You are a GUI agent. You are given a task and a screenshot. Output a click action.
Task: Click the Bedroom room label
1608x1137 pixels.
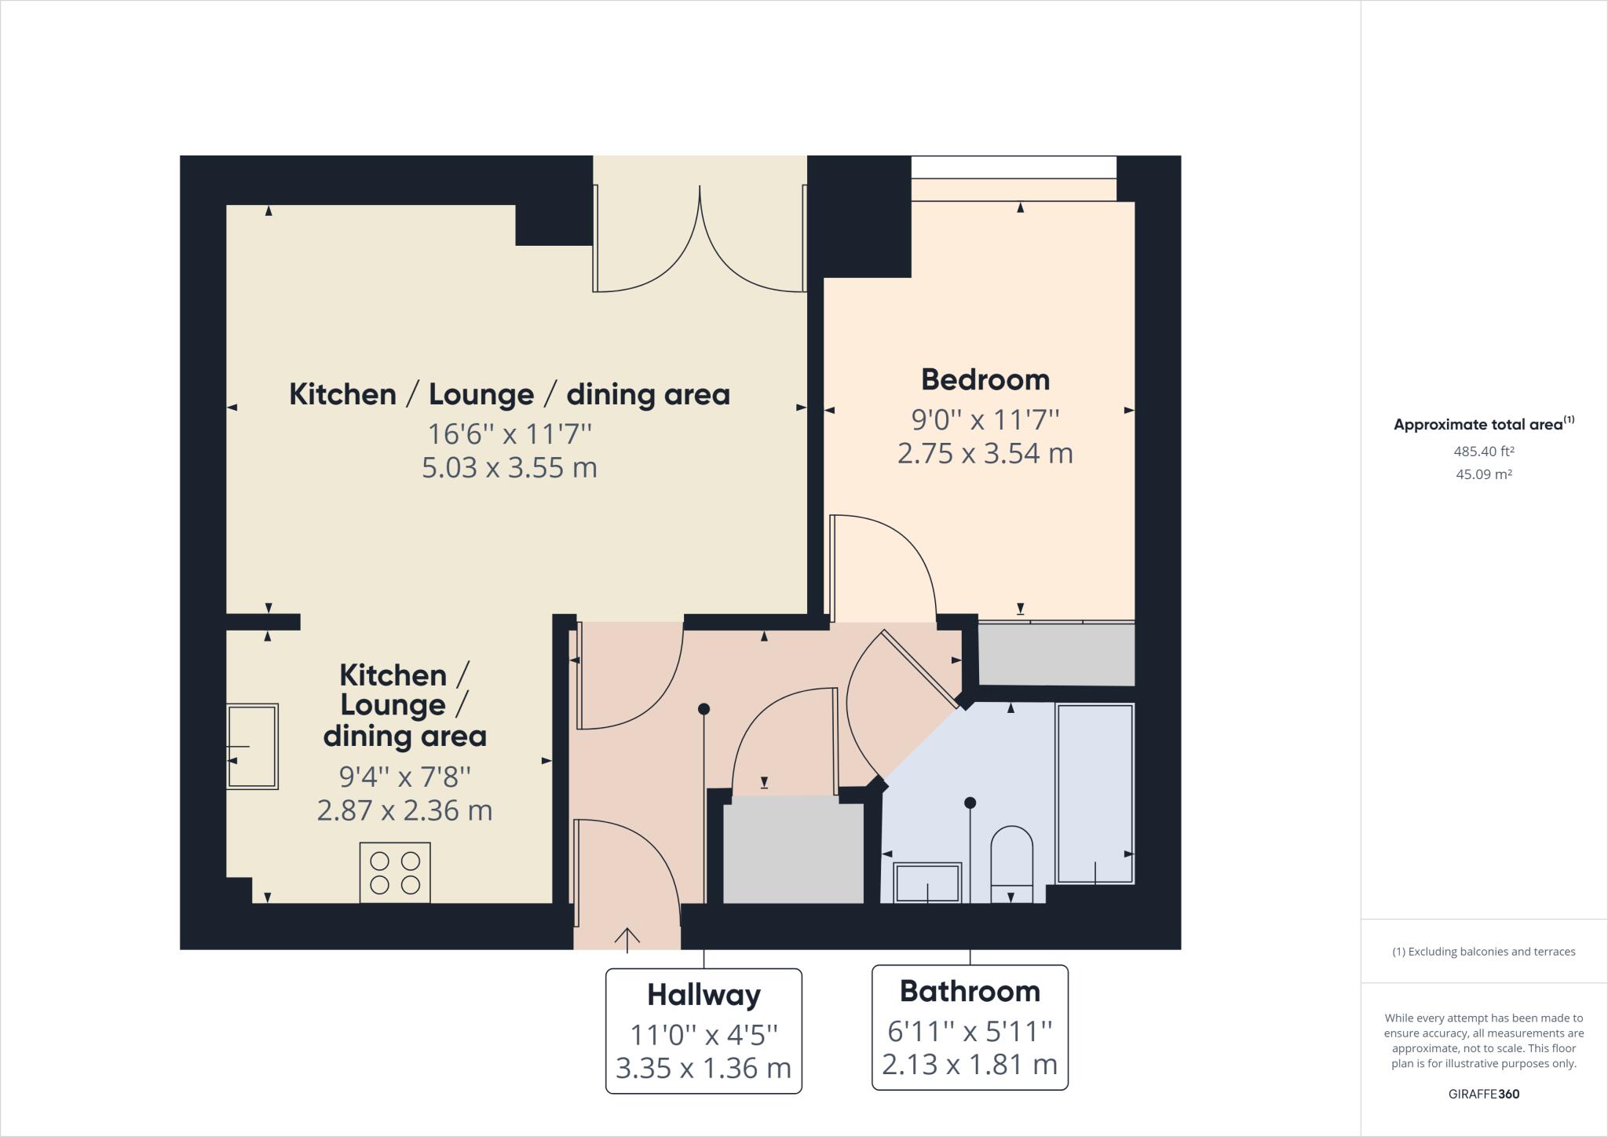(x=985, y=380)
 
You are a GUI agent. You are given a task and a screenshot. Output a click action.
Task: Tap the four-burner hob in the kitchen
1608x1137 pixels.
(x=395, y=872)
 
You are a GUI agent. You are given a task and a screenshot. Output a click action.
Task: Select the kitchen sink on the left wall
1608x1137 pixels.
(x=252, y=746)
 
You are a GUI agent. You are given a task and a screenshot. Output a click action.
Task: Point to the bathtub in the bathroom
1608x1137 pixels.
(x=1095, y=793)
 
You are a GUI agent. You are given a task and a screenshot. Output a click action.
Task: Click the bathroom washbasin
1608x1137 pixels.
(x=927, y=883)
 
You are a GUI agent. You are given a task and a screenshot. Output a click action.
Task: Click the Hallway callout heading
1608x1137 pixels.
(x=703, y=995)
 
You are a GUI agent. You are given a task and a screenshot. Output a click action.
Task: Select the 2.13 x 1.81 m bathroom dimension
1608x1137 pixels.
(x=970, y=1065)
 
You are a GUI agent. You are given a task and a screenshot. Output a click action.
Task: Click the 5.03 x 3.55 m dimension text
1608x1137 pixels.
(x=510, y=468)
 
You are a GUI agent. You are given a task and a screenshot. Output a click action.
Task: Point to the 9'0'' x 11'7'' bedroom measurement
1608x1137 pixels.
(x=985, y=419)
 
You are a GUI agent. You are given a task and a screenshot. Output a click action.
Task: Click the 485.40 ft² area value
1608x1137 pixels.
(x=1483, y=452)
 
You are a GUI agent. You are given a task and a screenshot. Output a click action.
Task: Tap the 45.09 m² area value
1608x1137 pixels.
(x=1483, y=474)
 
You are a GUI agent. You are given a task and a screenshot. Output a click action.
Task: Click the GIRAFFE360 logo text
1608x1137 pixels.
(x=1483, y=1094)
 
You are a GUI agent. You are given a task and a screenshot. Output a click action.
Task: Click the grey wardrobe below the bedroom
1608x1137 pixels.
(x=1056, y=653)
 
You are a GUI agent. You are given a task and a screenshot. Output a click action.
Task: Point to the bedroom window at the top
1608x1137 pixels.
(x=1013, y=167)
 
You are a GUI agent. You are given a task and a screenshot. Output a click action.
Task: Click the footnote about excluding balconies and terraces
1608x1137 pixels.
(x=1483, y=952)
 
